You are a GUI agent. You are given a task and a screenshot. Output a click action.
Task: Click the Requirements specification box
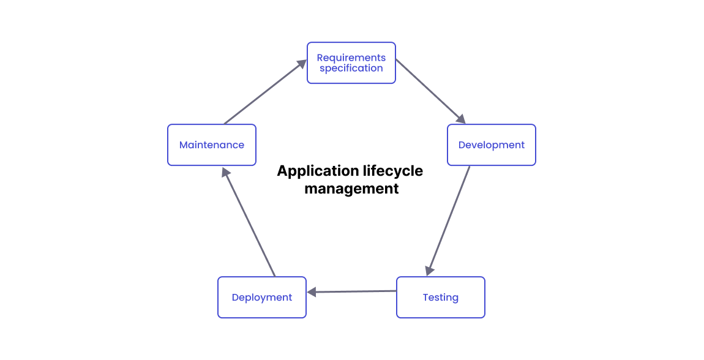coord(351,63)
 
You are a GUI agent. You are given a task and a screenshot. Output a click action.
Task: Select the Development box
coord(491,145)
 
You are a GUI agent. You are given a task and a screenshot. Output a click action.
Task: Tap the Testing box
coord(440,298)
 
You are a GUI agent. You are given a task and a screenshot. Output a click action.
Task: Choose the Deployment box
coord(261,298)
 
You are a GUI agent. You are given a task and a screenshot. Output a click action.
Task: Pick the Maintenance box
coord(211,145)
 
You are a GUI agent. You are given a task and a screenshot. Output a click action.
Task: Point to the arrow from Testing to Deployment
coord(352,291)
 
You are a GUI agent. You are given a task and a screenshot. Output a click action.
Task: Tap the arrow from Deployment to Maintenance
coord(249,223)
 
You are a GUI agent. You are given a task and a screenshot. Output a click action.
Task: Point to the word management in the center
coord(351,189)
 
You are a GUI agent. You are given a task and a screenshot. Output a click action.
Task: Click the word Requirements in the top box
coord(351,58)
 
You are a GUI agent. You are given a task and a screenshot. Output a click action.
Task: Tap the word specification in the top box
coord(351,69)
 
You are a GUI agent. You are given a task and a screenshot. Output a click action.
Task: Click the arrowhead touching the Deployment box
coord(312,292)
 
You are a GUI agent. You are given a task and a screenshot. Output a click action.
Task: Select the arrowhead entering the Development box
coord(461,119)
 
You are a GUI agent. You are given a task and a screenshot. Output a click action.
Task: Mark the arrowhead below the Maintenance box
coord(225,173)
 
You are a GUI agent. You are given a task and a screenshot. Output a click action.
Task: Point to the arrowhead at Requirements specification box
coord(301,64)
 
